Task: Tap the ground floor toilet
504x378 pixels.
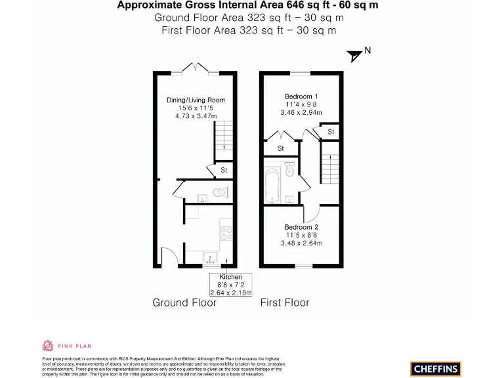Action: click(220, 194)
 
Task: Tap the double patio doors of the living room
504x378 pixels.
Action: click(196, 68)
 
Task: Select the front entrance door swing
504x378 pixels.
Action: click(168, 256)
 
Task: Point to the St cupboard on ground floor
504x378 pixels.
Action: click(224, 171)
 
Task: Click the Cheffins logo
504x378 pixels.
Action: click(436, 368)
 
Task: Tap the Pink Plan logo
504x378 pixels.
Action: click(66, 345)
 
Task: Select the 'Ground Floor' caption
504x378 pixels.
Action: click(184, 303)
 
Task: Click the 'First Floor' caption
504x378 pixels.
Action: click(285, 303)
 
